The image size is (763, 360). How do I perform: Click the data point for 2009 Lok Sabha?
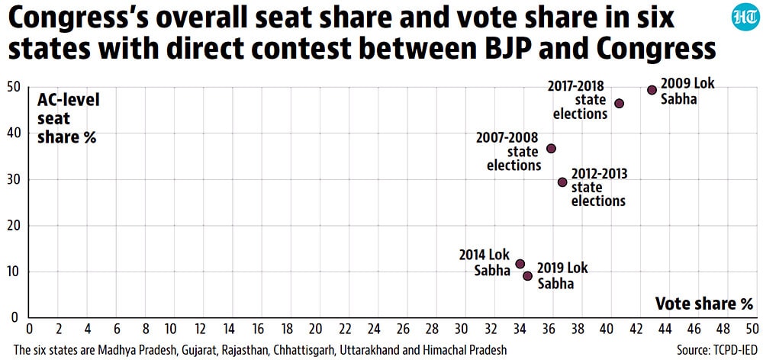pyautogui.click(x=652, y=90)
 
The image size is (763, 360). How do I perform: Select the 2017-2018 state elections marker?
pyautogui.click(x=619, y=104)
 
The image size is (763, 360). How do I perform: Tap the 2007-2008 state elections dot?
pyautogui.click(x=551, y=149)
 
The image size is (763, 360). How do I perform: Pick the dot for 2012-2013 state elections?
pyautogui.click(x=562, y=182)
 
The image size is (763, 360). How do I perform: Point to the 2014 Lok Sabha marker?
pyautogui.click(x=520, y=264)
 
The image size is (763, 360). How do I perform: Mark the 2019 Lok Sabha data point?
pyautogui.click(x=527, y=276)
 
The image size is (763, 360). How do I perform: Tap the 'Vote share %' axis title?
pyautogui.click(x=703, y=304)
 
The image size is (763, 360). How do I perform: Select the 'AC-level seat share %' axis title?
pyautogui.click(x=68, y=119)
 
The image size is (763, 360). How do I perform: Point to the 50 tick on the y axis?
pyautogui.click(x=14, y=88)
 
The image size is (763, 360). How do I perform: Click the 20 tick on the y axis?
pyautogui.click(x=14, y=227)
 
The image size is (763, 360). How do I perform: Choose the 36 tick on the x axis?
pyautogui.click(x=549, y=329)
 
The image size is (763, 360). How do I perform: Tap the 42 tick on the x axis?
pyautogui.click(x=636, y=329)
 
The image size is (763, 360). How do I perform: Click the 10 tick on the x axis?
pyautogui.click(x=172, y=329)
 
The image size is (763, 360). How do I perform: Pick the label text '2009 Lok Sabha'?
pyautogui.click(x=687, y=91)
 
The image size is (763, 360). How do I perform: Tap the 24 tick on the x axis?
pyautogui.click(x=374, y=329)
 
